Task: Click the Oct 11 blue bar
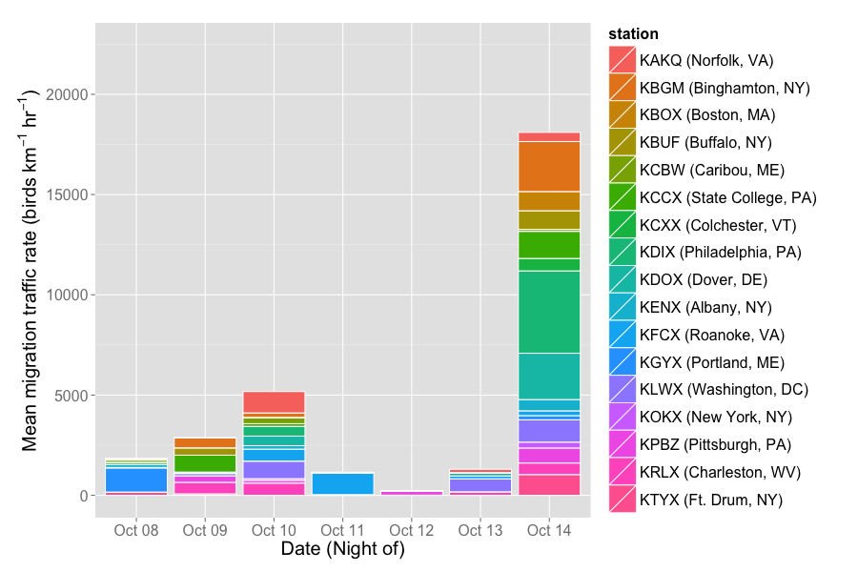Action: [x=342, y=483]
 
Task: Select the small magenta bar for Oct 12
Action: [x=412, y=492]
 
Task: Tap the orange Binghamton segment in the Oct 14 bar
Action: [x=549, y=167]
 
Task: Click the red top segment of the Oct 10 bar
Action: [x=274, y=402]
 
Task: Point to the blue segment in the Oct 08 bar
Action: [x=136, y=480]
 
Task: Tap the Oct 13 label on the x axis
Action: [x=480, y=529]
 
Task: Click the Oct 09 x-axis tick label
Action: [x=205, y=529]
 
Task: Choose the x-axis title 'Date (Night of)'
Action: [x=342, y=549]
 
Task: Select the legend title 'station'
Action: [x=634, y=35]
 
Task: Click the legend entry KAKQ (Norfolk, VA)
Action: [x=705, y=60]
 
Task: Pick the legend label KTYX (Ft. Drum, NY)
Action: [x=710, y=499]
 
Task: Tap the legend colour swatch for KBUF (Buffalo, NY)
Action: [x=623, y=143]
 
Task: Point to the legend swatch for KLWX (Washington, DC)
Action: [x=623, y=389]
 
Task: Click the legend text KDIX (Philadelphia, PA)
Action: [x=720, y=253]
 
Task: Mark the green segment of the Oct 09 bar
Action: [x=205, y=463]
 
